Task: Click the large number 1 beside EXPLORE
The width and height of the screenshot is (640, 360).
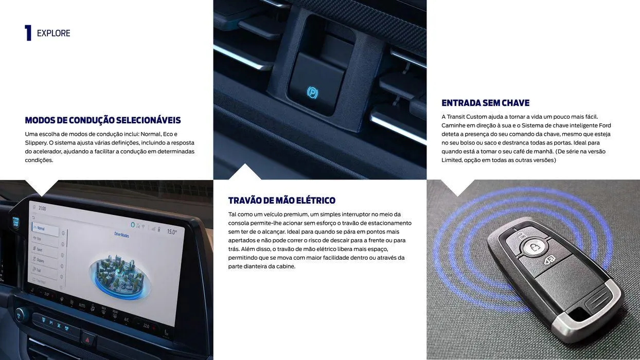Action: pos(28,33)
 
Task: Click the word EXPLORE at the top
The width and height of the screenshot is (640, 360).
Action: pos(54,33)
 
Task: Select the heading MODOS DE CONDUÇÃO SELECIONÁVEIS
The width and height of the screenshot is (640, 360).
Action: pos(103,120)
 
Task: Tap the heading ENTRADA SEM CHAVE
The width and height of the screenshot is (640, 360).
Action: pos(485,103)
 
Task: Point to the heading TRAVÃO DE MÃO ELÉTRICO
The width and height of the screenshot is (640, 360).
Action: pos(281,201)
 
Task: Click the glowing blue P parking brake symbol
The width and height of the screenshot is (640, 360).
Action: pos(312,92)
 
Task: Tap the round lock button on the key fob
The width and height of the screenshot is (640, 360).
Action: pos(535,248)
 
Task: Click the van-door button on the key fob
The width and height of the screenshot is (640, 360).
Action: pos(549,260)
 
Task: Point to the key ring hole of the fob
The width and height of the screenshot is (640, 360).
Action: pos(580,313)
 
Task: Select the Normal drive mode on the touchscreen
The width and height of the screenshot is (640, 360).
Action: pos(40,228)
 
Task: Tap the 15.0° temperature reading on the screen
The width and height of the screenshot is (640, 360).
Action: pos(172,232)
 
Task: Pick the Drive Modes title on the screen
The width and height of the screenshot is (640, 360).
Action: pos(121,235)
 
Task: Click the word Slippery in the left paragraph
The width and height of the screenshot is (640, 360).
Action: pos(36,142)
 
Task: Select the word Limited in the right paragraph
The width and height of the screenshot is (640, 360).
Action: pos(452,160)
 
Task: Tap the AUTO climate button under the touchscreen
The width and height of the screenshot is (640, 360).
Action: pos(82,305)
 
